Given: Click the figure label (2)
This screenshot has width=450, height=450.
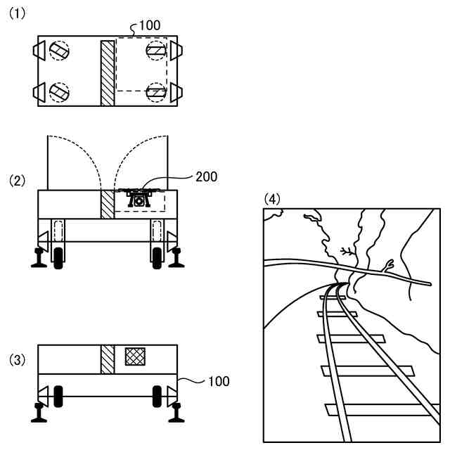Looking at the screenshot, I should (x=17, y=180).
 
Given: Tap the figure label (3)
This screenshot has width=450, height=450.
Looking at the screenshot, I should (x=17, y=360).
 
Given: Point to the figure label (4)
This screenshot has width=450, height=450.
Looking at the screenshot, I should (x=272, y=199).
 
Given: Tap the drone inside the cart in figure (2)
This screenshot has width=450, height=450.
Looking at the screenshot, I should (x=139, y=197).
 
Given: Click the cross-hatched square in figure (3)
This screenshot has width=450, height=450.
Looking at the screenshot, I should (x=134, y=356).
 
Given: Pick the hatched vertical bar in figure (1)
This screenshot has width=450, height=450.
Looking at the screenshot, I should (x=108, y=73).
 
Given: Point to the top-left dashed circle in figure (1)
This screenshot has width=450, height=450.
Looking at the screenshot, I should (x=60, y=50).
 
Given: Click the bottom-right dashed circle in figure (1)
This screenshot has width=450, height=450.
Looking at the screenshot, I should (x=156, y=91).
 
